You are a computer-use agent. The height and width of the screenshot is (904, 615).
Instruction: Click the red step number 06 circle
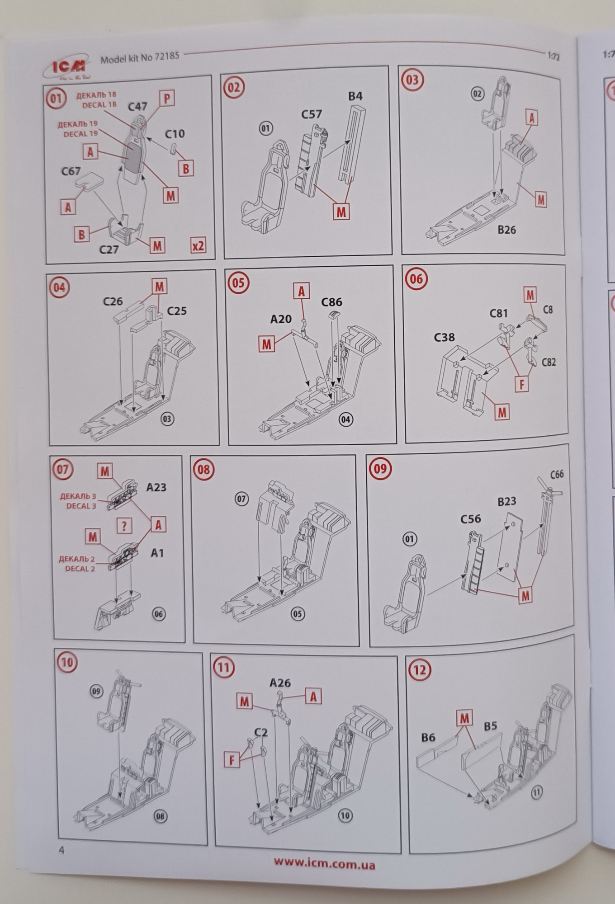pos(416,278)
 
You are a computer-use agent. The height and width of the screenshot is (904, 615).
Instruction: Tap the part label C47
pos(137,107)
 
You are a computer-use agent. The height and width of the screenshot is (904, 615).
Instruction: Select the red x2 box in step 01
pos(198,246)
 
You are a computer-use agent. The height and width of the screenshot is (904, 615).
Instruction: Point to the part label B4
pos(355,96)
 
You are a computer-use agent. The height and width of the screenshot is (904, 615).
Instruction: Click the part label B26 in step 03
pos(506,230)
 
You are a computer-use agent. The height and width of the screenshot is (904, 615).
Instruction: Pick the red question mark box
pos(124,525)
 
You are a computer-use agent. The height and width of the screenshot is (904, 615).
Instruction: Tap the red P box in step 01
pos(167,98)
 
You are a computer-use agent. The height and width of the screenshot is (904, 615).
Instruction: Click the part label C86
pos(331,302)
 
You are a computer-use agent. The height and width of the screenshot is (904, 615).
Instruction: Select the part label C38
pos(444,337)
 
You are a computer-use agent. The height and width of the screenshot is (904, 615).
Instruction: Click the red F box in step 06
pos(521,384)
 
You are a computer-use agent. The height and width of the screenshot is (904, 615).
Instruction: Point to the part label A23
pos(156,487)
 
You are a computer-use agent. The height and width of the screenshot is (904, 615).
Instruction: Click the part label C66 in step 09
pos(557,474)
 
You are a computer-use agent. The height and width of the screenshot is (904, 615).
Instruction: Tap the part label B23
pos(507,501)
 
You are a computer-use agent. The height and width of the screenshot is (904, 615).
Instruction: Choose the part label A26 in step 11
pos(280,683)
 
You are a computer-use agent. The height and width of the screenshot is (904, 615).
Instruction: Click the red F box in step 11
pos(232,760)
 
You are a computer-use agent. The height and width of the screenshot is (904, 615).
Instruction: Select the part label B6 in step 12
pos(428,738)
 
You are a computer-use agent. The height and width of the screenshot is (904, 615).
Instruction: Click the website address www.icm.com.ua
pos(324,864)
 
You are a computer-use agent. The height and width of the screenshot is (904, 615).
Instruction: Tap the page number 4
pos(62,850)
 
